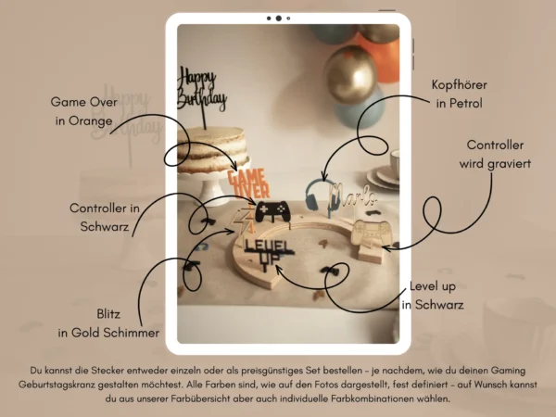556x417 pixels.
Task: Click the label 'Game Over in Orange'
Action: coord(83,111)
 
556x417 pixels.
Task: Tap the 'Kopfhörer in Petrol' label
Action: coord(460,94)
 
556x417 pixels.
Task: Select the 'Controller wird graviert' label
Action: coord(495,154)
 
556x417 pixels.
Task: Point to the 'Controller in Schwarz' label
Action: coord(105,217)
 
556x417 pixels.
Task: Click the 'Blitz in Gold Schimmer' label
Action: coord(108,323)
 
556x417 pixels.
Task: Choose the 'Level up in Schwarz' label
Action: coord(433,296)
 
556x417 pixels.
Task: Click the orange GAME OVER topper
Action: coord(248,183)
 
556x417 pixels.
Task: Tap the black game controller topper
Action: coord(272,211)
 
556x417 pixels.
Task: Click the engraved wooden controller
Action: coord(371,233)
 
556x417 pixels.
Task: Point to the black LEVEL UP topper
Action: coord(268,252)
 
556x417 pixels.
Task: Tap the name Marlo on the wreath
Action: coord(353,196)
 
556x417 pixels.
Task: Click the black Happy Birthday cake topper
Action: coord(201,91)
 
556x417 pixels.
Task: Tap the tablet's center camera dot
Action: coord(279,19)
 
